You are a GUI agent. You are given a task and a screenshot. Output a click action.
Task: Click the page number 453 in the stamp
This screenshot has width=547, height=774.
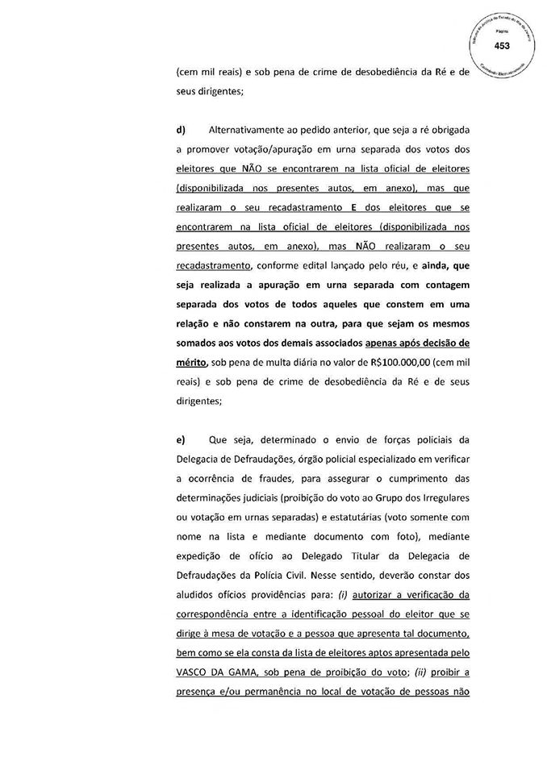point(503,45)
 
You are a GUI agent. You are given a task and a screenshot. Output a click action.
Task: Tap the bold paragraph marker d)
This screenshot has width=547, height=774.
point(182,130)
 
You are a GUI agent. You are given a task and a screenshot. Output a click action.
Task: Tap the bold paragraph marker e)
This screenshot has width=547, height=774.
point(182,439)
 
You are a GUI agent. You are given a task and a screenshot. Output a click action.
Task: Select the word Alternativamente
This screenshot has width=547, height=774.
point(247,130)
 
